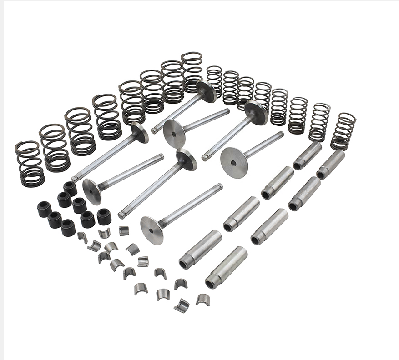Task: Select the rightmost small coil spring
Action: pos(343,131)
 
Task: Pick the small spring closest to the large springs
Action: pos(214,81)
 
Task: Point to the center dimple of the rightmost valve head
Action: pos(234,163)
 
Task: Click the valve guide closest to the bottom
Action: pos(226,268)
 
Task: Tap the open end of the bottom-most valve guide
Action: pos(211,284)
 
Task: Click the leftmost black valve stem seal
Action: pos(44,209)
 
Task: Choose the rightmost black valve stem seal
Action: pos(104,216)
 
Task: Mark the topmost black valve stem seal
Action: pos(70,188)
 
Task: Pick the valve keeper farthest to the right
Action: pos(203,299)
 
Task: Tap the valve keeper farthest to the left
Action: pos(82,237)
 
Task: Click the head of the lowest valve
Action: pos(152,230)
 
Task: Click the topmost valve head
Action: pos(206,91)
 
